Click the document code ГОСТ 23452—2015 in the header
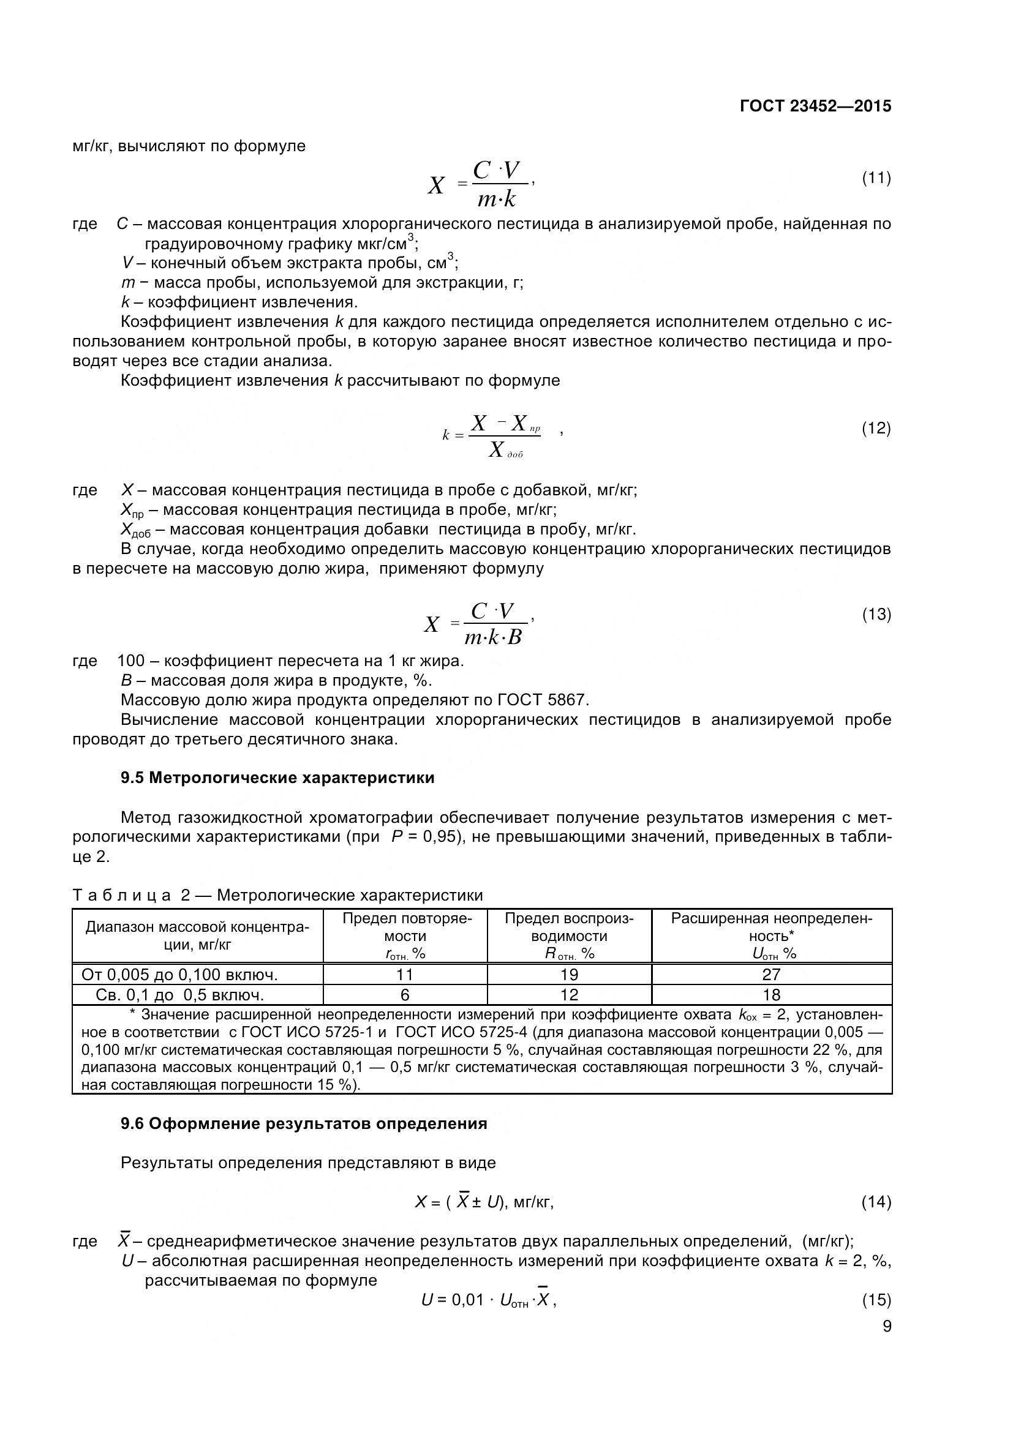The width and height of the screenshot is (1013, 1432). click(815, 106)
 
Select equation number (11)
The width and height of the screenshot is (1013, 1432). click(876, 178)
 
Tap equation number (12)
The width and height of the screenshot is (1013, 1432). click(876, 429)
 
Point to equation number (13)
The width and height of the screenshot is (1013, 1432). click(876, 615)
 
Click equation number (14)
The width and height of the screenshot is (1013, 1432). click(876, 1202)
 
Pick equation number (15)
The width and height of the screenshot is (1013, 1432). click(876, 1300)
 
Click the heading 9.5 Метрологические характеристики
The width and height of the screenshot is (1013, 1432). click(277, 778)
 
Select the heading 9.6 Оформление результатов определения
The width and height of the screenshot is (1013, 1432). click(303, 1124)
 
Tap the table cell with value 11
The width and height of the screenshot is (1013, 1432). click(404, 974)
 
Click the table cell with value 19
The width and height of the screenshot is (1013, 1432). click(569, 974)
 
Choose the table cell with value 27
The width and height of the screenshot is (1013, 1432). click(771, 974)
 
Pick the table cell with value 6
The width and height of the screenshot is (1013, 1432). click(404, 995)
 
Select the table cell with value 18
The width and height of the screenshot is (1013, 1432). click(771, 995)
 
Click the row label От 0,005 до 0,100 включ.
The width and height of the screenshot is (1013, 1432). click(179, 974)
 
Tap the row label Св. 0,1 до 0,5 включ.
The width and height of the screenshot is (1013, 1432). click(179, 995)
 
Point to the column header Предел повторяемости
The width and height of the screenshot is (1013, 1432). click(404, 935)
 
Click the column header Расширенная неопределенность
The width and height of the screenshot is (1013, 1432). click(771, 935)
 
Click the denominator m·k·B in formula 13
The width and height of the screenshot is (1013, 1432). click(493, 637)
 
